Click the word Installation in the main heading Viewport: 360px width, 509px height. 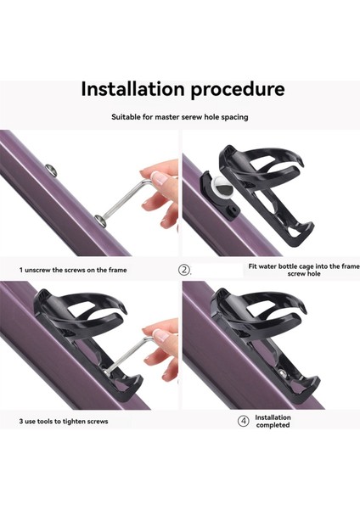(x=132, y=88)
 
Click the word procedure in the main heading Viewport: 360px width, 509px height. (x=238, y=90)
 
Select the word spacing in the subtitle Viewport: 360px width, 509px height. (x=234, y=117)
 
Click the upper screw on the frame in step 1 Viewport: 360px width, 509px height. (x=51, y=171)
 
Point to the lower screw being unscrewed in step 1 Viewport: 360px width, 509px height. (x=102, y=220)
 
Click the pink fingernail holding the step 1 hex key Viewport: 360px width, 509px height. (x=160, y=178)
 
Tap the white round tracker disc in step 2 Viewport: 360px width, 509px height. (x=222, y=189)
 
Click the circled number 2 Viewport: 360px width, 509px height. (x=184, y=270)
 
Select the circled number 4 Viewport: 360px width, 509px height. (x=244, y=421)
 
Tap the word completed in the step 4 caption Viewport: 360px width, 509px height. (x=273, y=425)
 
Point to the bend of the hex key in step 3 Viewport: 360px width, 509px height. (x=150, y=340)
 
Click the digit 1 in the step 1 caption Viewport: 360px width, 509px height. (x=20, y=270)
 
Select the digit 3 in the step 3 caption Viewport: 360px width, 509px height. (x=20, y=422)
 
